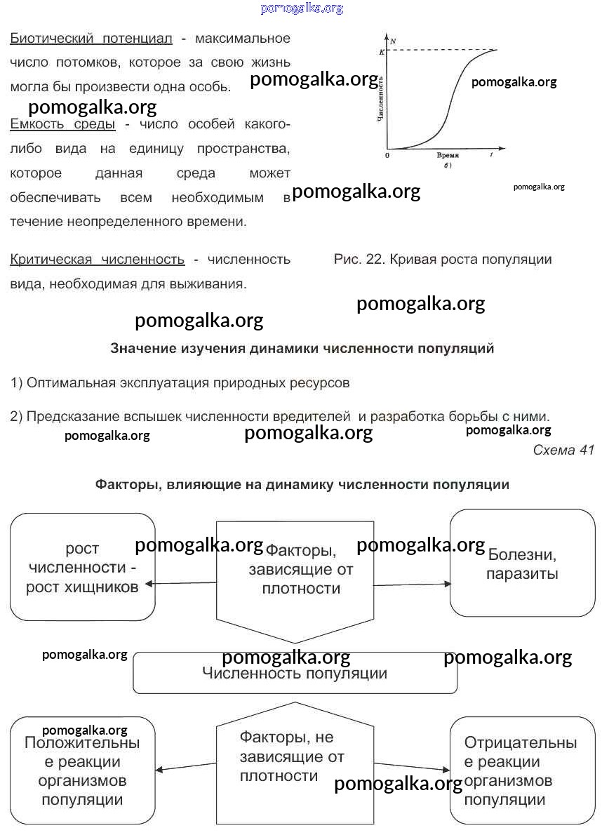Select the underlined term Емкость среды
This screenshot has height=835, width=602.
point(62,124)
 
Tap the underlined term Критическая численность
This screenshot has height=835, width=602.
point(97,260)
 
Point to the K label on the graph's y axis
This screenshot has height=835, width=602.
point(382,52)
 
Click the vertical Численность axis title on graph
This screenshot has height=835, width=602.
point(380,98)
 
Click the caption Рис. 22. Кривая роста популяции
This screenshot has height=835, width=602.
point(443,260)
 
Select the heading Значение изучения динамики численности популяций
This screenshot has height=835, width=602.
point(302,348)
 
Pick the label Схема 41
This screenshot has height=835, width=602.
point(563,450)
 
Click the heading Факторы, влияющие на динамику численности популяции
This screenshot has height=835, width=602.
point(302,485)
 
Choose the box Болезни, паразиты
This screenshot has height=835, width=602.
point(523,563)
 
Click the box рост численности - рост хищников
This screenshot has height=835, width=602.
point(82,567)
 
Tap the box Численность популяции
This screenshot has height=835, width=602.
point(295,674)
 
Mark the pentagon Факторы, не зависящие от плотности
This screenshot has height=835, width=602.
point(295,765)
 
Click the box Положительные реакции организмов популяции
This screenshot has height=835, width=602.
point(82,770)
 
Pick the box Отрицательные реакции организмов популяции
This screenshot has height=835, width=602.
point(522,770)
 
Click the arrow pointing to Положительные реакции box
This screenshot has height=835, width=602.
point(185,766)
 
